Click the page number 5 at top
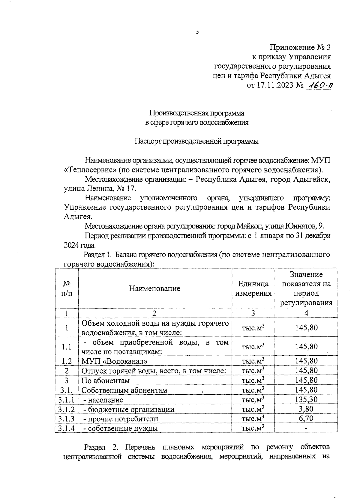(x=197, y=32)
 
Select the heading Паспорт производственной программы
(x=196, y=141)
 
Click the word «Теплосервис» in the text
(x=90, y=170)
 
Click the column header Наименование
(x=154, y=288)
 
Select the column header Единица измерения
(x=253, y=288)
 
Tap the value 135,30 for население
(x=306, y=399)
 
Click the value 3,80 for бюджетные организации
(x=306, y=409)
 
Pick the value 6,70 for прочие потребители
(x=306, y=419)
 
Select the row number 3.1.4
(x=66, y=428)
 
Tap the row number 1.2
(x=66, y=361)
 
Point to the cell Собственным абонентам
(x=124, y=390)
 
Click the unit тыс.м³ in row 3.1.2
(x=253, y=409)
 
